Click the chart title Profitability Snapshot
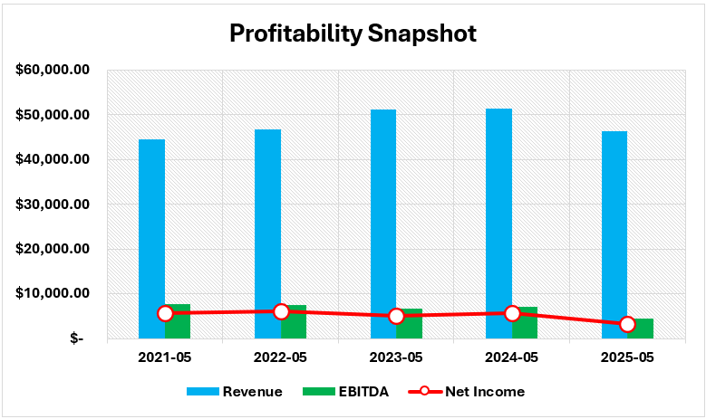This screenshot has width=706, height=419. (353, 33)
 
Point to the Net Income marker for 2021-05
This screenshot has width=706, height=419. (165, 313)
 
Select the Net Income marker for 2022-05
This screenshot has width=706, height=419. (281, 311)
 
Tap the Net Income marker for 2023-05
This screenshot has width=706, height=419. (396, 316)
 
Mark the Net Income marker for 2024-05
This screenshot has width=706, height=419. (512, 313)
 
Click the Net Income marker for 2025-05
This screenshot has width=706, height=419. (627, 324)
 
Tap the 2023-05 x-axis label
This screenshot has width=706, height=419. (396, 357)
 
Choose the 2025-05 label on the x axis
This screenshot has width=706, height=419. (627, 357)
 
